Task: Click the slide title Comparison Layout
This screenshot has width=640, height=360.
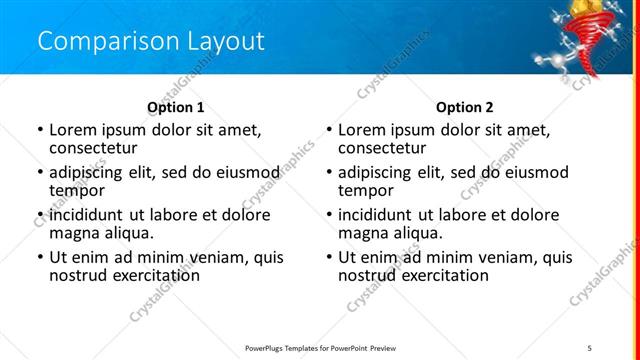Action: coord(151,41)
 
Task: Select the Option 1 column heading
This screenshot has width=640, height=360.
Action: coord(175,106)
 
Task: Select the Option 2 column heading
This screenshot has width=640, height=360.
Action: coord(464,106)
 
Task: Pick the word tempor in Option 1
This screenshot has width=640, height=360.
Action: coord(77,189)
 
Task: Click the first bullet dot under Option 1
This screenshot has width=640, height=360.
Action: coord(39,130)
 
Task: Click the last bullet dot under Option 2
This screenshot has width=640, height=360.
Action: coord(328,258)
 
